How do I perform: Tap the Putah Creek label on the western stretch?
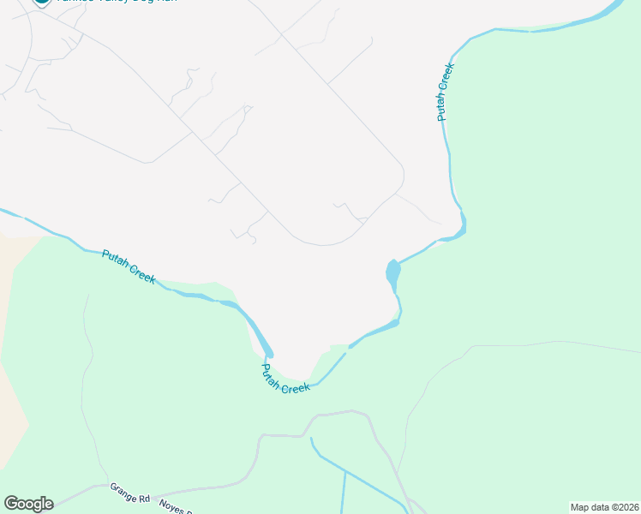tap(129, 266)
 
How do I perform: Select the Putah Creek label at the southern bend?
tap(285, 379)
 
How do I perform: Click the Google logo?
tap(28, 504)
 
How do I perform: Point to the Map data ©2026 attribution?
tap(604, 507)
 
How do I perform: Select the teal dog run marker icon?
tap(41, 3)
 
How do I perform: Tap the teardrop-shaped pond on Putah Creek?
tap(392, 273)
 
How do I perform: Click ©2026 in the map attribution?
tap(622, 507)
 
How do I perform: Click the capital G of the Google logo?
tap(11, 504)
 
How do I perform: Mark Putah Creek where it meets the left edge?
tap(4, 210)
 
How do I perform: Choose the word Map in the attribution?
tap(579, 507)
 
